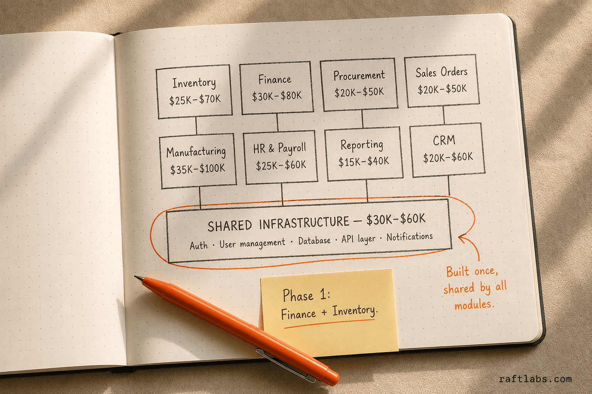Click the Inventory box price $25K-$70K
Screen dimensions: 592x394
tap(195, 100)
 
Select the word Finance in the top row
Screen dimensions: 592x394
tap(274, 79)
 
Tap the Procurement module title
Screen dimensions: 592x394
tap(359, 76)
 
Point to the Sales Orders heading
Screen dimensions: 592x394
tap(441, 72)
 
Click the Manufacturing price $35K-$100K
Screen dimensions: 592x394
tap(197, 169)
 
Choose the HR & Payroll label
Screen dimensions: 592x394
tap(279, 148)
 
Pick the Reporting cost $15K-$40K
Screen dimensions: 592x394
tap(364, 161)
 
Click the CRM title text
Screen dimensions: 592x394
tap(444, 140)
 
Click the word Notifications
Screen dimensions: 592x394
tap(410, 237)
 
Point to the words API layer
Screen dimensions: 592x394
tap(358, 239)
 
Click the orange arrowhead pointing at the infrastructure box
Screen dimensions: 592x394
tap(463, 238)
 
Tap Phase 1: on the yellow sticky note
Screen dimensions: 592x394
tap(306, 295)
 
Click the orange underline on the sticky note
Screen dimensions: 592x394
tap(329, 324)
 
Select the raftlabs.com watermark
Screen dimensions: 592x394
tap(535, 379)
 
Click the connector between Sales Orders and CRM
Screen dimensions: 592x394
tap(444, 115)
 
